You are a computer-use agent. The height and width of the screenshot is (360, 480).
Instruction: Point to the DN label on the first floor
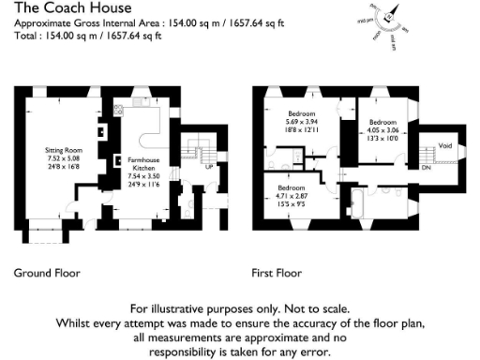tap(426, 167)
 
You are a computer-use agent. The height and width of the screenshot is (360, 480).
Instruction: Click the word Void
tap(445, 145)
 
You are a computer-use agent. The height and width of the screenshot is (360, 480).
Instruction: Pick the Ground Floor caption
tap(47, 274)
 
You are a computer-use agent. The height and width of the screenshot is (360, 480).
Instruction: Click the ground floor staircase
tap(197, 151)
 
